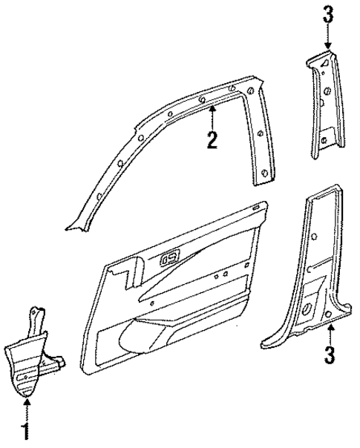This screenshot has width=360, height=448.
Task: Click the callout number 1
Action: pos(27,429)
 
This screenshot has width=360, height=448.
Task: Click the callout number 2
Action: pos(212,139)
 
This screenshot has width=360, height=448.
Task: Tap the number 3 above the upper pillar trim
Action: pos(327,15)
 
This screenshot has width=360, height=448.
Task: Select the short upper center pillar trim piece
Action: pos(324,104)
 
